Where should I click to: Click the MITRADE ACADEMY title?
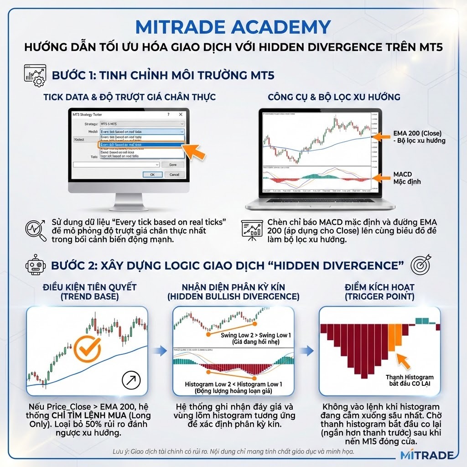[233, 27]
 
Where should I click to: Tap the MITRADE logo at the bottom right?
[426, 455]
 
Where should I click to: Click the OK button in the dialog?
[152, 175]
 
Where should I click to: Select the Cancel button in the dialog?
[174, 175]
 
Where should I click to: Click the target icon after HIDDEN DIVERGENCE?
[420, 265]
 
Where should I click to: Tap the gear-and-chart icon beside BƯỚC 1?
[34, 75]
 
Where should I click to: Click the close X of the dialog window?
[181, 114]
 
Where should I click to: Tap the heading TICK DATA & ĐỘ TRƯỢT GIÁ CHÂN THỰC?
[130, 97]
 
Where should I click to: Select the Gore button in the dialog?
[173, 164]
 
